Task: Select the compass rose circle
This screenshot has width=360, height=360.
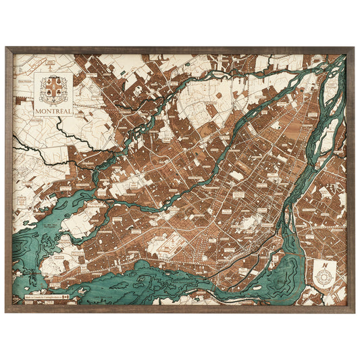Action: point(324,277)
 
